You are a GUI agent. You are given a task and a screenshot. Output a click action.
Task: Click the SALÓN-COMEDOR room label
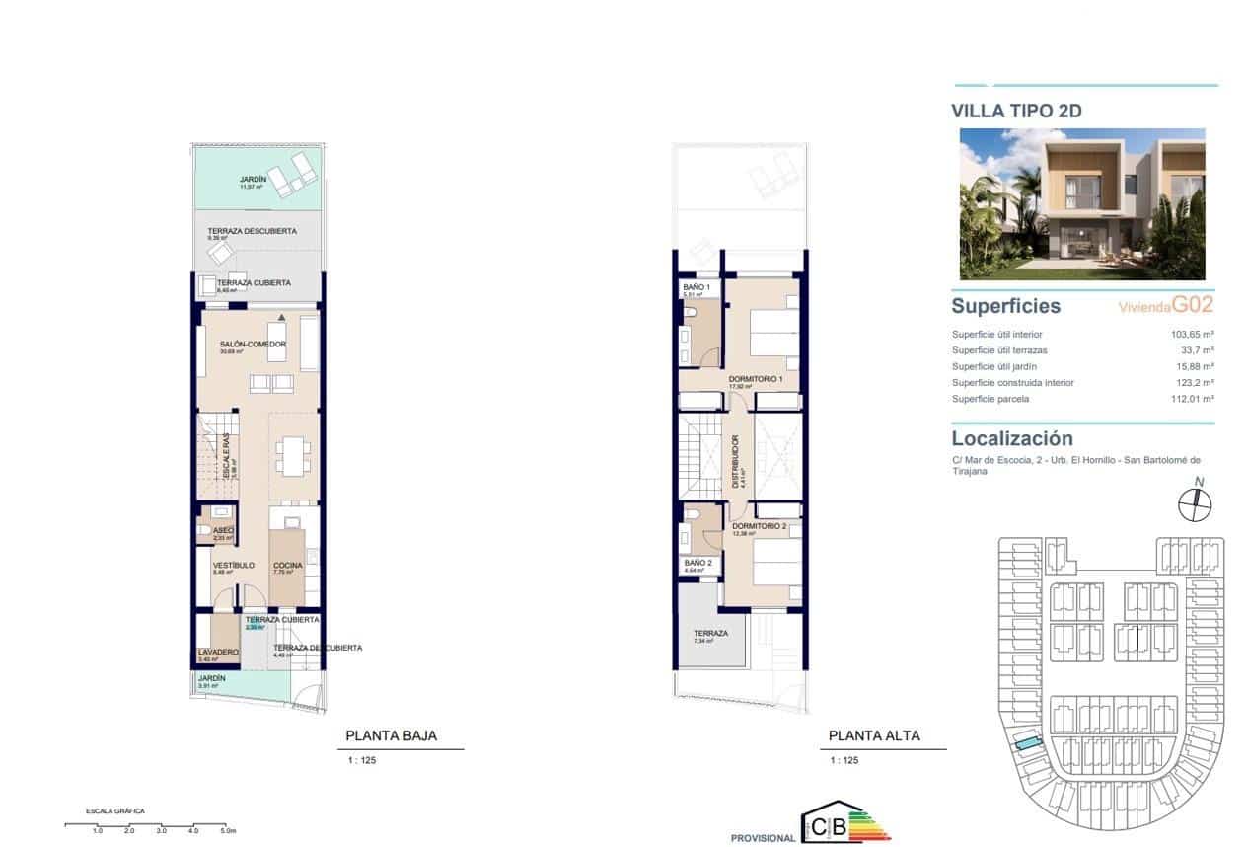point(254,345)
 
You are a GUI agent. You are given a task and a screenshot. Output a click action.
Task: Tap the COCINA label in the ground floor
point(287,566)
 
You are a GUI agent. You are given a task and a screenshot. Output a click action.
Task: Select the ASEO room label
point(223,530)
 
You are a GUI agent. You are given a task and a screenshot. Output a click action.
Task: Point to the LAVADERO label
point(217,653)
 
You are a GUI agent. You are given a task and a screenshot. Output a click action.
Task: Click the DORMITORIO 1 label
point(756,380)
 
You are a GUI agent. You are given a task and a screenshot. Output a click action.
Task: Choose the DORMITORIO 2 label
point(759,527)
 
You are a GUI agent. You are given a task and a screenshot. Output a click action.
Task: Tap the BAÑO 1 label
point(697,287)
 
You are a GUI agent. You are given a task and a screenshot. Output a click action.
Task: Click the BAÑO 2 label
point(697,563)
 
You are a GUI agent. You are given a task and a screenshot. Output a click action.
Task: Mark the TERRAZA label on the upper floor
point(710,634)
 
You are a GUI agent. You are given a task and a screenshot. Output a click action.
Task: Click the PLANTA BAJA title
point(391,735)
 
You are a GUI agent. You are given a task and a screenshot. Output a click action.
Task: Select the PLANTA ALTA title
point(874,735)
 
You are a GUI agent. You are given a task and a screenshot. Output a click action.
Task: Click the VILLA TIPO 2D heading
point(1016,111)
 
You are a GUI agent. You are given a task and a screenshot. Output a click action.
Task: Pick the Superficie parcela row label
point(990,399)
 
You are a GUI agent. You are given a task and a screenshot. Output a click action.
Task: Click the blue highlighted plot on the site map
point(1029,742)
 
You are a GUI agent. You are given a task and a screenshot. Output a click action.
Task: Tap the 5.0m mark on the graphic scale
point(228,831)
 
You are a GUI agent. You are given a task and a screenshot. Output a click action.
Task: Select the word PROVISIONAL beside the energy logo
point(763,838)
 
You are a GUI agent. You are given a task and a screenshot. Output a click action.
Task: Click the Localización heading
point(1012,438)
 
